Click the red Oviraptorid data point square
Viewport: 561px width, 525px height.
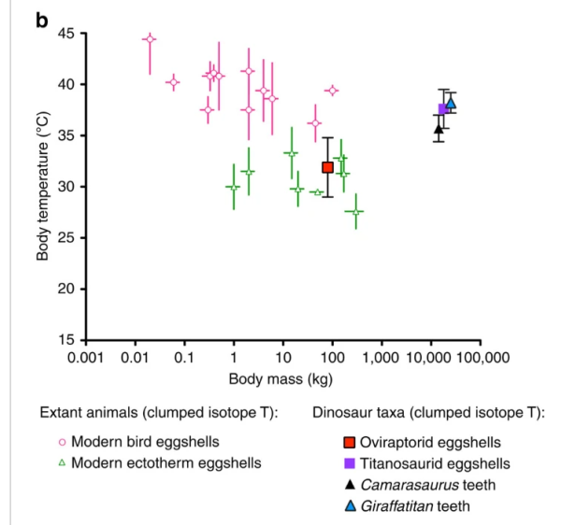pyautogui.click(x=328, y=167)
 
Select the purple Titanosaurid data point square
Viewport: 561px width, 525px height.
pyautogui.click(x=444, y=109)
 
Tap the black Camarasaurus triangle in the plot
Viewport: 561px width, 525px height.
pyautogui.click(x=438, y=129)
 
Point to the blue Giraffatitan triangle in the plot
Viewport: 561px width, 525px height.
pyautogui.click(x=451, y=103)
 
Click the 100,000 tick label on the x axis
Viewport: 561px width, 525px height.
pyautogui.click(x=480, y=358)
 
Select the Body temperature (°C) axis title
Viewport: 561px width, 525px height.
pyautogui.click(x=44, y=187)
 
